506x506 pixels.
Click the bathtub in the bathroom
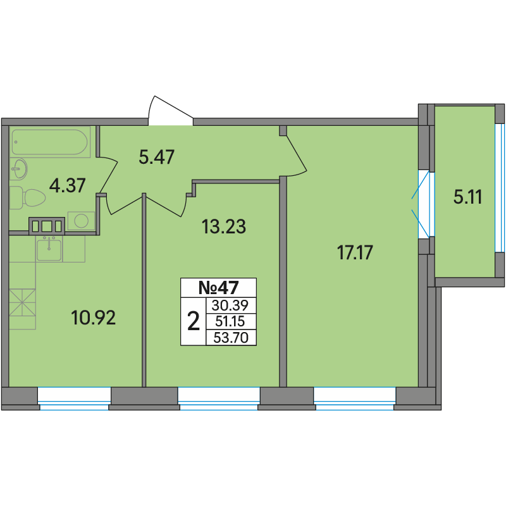[50, 142]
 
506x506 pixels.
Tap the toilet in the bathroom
[28, 197]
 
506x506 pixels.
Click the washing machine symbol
[81, 221]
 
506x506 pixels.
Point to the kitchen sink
[49, 250]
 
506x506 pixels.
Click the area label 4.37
[68, 185]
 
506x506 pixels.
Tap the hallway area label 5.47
[156, 157]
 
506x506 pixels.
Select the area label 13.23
[224, 226]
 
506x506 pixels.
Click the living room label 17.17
[355, 252]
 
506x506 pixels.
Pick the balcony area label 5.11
[467, 197]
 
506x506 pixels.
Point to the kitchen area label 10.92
[93, 318]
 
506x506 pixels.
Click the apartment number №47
[218, 288]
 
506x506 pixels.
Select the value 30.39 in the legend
[230, 305]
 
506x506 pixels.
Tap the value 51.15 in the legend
[230, 321]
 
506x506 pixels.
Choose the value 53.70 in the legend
[231, 338]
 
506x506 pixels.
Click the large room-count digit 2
[194, 321]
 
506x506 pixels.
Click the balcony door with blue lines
[424, 204]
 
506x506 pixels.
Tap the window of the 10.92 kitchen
[74, 398]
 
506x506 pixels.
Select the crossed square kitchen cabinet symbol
[22, 302]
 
